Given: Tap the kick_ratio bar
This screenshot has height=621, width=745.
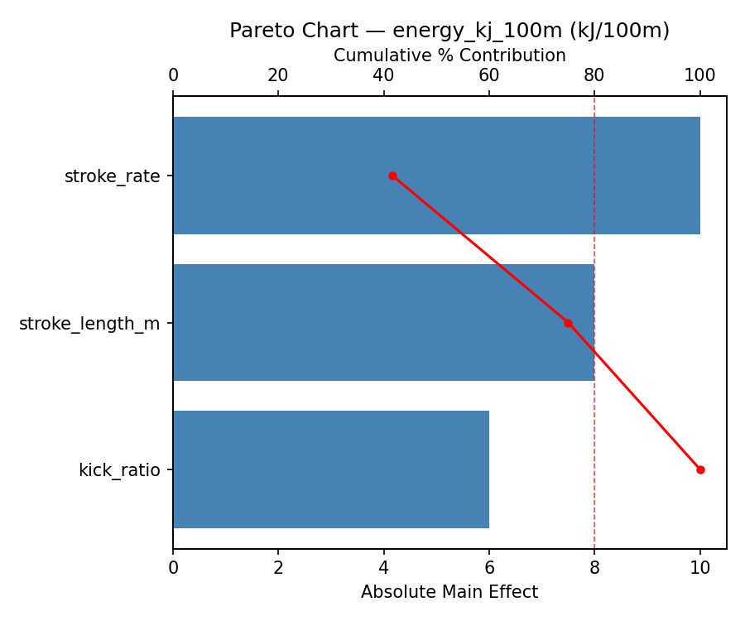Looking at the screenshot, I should [x=331, y=469].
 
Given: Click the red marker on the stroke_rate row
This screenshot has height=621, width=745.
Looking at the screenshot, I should [x=392, y=176].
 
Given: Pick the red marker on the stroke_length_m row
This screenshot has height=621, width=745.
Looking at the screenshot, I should [x=568, y=323].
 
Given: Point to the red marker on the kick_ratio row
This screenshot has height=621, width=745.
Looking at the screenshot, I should [x=700, y=469].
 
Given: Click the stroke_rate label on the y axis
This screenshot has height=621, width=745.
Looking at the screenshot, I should [x=113, y=176].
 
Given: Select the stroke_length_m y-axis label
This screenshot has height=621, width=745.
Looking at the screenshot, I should [x=89, y=324].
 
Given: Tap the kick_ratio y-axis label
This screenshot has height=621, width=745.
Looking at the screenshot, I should [x=119, y=470].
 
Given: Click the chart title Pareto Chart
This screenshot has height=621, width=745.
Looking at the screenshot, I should [x=449, y=31].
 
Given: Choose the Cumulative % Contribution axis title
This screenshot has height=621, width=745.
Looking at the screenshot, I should [x=449, y=55].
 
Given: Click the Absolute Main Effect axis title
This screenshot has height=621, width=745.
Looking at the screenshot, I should [x=449, y=592].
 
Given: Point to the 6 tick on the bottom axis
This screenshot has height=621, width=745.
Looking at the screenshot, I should [x=489, y=568].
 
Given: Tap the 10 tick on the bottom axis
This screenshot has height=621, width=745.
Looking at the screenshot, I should [x=700, y=568].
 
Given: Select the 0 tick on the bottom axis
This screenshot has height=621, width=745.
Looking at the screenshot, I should [x=173, y=568].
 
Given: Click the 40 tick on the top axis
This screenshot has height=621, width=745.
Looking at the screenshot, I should [x=384, y=76].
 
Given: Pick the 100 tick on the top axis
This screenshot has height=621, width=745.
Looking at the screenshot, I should [x=700, y=76].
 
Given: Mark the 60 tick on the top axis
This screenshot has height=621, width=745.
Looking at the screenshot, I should [x=489, y=76].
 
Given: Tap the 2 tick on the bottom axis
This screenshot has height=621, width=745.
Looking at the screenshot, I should [x=278, y=568].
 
